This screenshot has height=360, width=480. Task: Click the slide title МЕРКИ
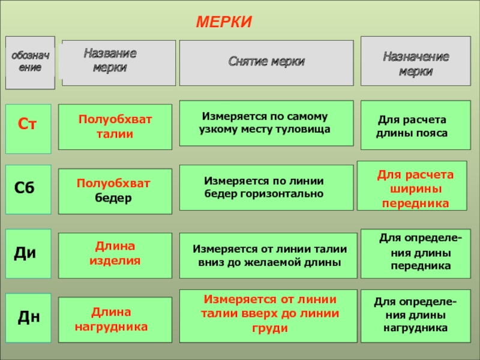[224, 22]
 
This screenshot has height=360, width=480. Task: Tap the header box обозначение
[30, 62]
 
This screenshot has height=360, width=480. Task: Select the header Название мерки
[118, 62]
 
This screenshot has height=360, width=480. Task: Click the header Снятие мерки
[266, 62]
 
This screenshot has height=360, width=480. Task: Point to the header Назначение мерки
[416, 62]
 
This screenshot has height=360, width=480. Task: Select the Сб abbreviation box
[28, 189]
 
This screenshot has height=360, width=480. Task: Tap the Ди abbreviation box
[28, 253]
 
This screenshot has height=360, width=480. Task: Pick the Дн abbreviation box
[28, 317]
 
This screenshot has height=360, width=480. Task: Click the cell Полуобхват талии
[115, 127]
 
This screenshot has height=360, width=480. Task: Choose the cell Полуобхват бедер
[115, 190]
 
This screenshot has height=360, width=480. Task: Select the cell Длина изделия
[115, 254]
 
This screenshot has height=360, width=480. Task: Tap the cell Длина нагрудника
[111, 319]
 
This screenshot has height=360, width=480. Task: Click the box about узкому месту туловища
[266, 123]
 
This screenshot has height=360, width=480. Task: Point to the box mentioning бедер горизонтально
[266, 187]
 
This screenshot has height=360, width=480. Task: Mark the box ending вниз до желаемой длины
[266, 255]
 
